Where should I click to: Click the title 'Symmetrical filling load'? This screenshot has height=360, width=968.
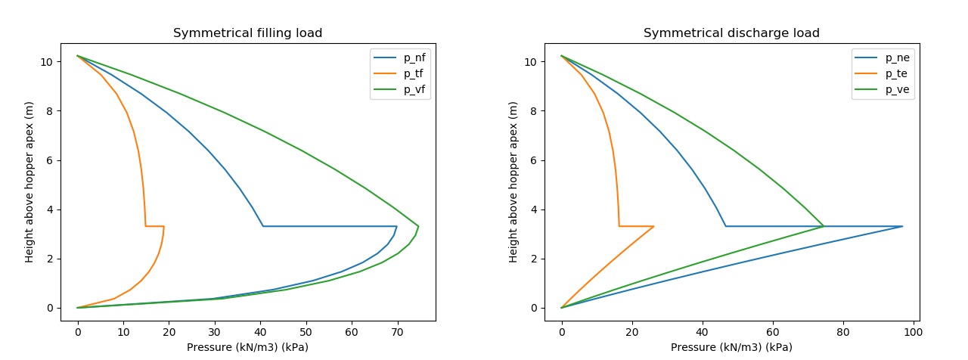click(248, 33)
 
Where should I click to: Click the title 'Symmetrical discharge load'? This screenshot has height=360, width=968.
click(731, 33)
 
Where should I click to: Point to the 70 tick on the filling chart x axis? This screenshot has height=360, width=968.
click(398, 333)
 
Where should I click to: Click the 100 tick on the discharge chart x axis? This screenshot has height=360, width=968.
click(914, 333)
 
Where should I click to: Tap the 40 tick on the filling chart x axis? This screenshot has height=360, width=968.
click(260, 333)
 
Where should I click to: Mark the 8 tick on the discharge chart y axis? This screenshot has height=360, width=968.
click(535, 111)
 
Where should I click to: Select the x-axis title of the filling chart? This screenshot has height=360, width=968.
click(248, 347)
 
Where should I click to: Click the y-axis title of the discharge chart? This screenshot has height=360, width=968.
click(514, 182)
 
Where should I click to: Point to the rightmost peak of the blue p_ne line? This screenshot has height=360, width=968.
click(902, 226)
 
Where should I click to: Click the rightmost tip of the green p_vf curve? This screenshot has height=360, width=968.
click(418, 226)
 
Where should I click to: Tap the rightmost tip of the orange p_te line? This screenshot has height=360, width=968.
click(653, 226)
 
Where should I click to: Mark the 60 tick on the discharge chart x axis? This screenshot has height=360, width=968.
click(773, 333)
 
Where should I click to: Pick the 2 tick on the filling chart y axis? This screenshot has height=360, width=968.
click(52, 259)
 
